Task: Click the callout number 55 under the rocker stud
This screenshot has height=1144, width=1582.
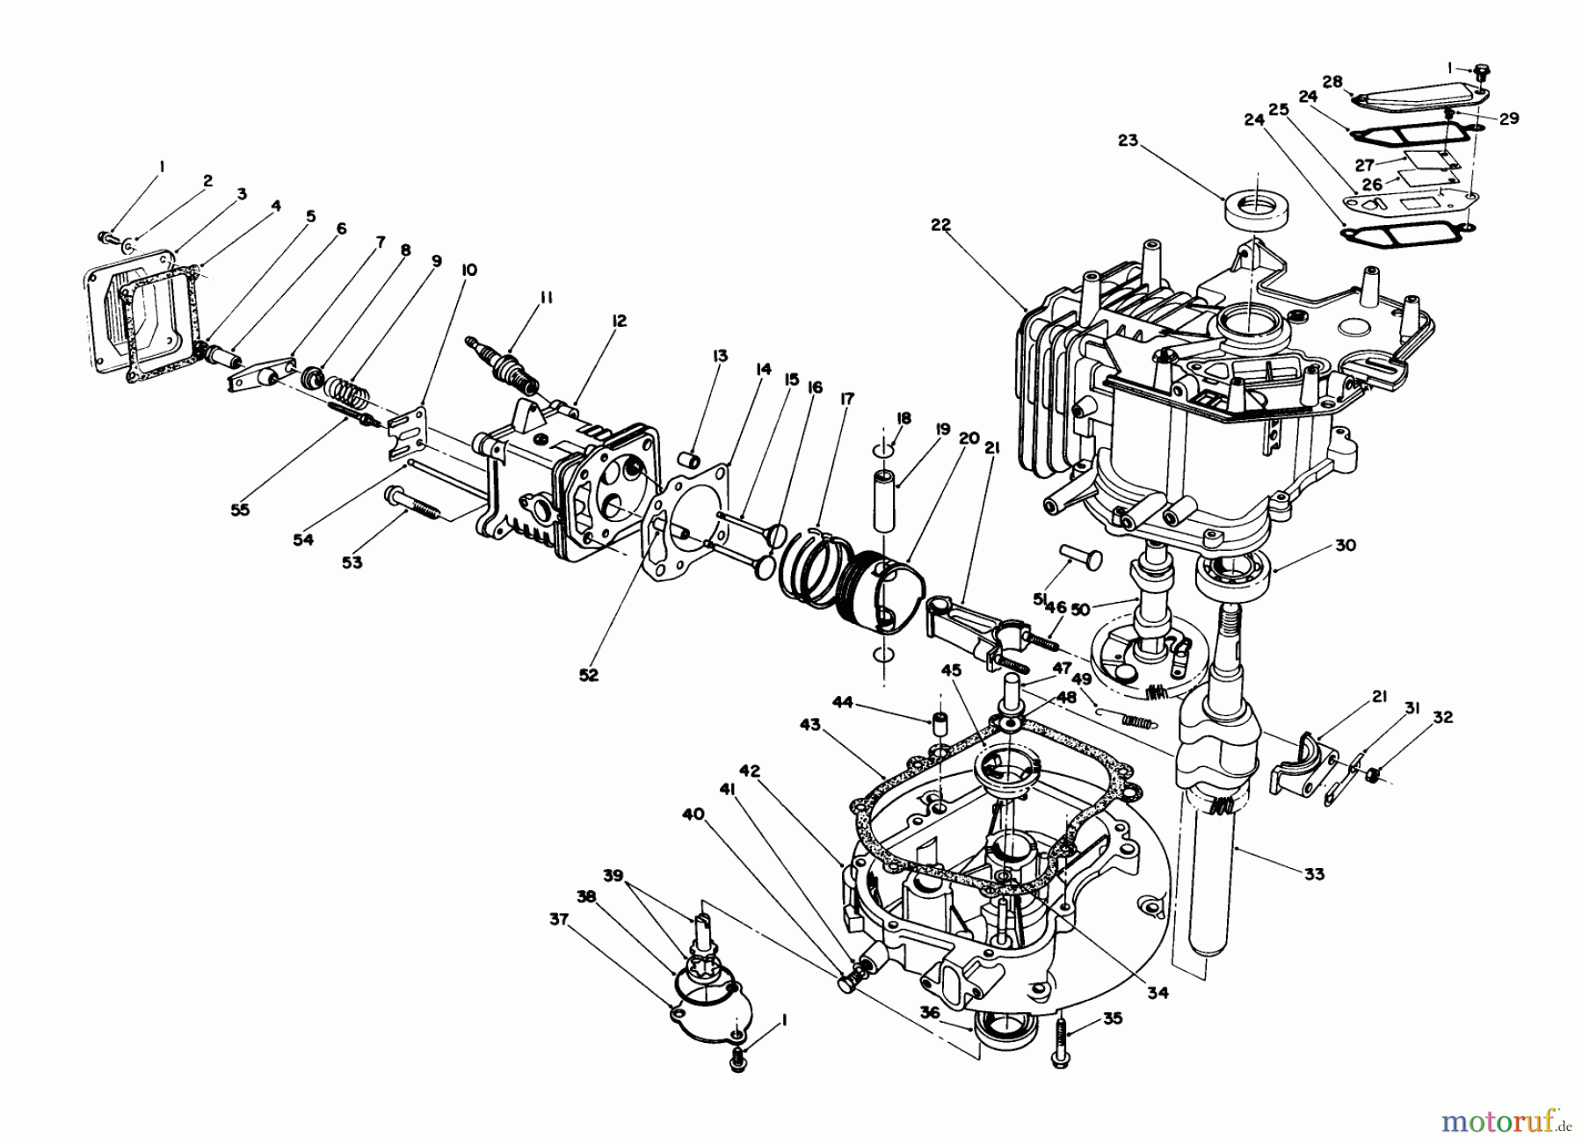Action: (239, 509)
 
